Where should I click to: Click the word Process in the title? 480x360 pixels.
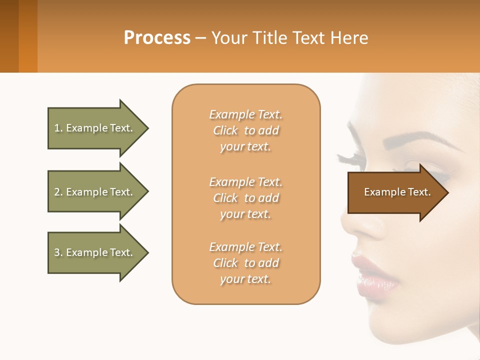[157, 38]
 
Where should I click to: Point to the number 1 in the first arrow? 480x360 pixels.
[56, 128]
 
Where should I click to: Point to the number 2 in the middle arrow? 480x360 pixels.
[57, 192]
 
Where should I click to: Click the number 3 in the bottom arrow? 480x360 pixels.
[57, 252]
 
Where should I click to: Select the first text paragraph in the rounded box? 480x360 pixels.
[245, 130]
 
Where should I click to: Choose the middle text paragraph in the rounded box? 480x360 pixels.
[245, 198]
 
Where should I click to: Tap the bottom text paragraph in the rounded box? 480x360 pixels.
[245, 263]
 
